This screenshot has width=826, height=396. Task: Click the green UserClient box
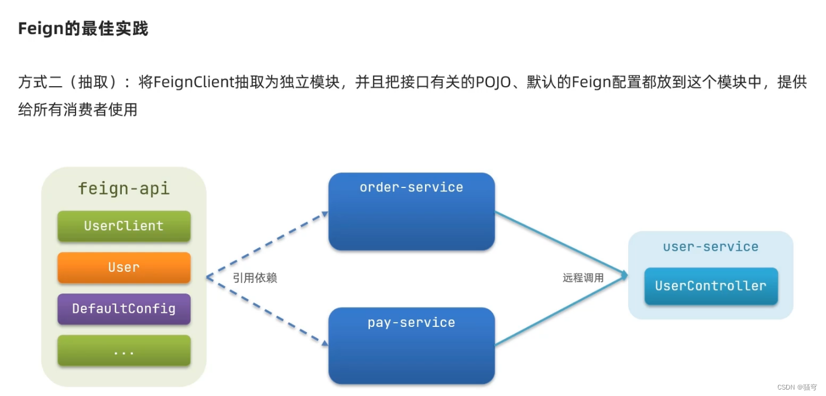coord(124,226)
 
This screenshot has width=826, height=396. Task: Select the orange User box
coord(124,267)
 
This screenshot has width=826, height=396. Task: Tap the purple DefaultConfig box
coord(124,309)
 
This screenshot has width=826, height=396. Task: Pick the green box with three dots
coord(124,350)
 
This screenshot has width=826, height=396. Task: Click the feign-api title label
coord(124,189)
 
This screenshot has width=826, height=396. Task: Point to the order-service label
coord(411,187)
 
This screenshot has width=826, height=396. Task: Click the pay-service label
coord(411,323)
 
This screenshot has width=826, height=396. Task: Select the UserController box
coord(711,286)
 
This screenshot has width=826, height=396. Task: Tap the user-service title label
coord(711,247)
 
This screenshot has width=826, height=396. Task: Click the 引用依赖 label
coord(255,278)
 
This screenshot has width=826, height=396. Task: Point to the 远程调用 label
coord(583,278)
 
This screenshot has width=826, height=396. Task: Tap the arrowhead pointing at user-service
coord(624,275)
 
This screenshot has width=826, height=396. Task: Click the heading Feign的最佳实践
coord(83,29)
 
